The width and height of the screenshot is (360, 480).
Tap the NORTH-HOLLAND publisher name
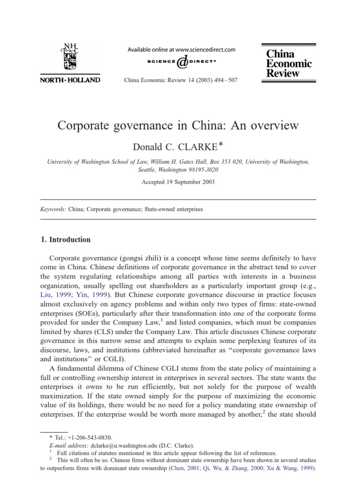[71, 80]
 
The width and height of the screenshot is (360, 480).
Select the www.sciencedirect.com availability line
[181, 49]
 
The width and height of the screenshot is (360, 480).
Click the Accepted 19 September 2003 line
[178, 182]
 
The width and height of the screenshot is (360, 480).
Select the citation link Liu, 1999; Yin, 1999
[73, 295]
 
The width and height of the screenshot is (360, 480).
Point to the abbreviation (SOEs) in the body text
[85, 313]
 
